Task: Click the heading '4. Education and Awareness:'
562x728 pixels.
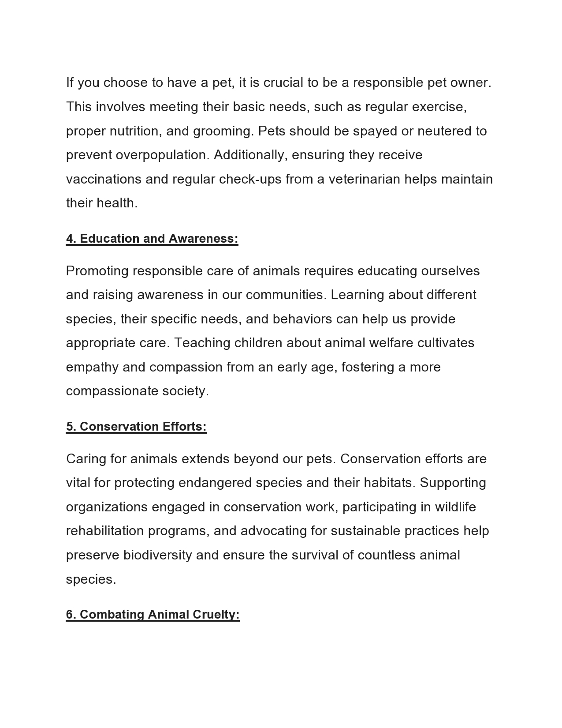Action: [152, 238]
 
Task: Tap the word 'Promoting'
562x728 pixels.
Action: [97, 271]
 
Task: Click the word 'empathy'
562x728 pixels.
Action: [92, 367]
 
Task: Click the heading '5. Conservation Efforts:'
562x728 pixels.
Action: [136, 426]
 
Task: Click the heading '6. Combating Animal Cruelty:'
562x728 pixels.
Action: [153, 615]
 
